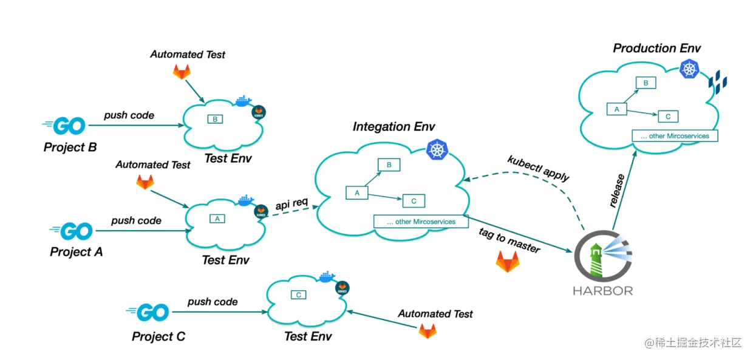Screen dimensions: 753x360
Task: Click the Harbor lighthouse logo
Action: [x=603, y=256]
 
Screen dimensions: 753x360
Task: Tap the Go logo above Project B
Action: [x=64, y=126]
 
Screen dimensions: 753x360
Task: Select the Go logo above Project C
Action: [x=148, y=312]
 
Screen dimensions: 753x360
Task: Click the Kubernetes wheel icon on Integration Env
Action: [x=437, y=149]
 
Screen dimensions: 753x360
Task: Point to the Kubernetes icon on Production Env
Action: [x=689, y=69]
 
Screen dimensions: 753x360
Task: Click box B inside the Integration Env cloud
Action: [x=389, y=165]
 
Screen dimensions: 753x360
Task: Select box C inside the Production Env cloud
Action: [x=668, y=117]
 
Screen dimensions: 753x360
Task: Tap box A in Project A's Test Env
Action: [x=217, y=219]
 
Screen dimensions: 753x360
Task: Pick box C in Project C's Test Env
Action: [x=299, y=295]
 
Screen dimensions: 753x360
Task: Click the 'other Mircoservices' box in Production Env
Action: [x=675, y=136]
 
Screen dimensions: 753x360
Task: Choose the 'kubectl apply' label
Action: [x=538, y=168]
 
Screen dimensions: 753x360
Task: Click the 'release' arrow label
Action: [x=617, y=191]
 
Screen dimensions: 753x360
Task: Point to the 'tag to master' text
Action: [x=509, y=240]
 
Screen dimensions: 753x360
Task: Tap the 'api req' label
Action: [x=291, y=203]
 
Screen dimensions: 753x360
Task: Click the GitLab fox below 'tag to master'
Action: [x=508, y=261]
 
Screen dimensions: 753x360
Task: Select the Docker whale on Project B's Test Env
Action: [x=244, y=101]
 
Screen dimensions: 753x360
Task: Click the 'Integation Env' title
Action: [x=394, y=126]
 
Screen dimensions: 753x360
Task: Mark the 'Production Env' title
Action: [x=657, y=48]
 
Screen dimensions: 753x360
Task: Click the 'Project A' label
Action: [x=77, y=252]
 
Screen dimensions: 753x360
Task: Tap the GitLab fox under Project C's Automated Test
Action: [x=428, y=331]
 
